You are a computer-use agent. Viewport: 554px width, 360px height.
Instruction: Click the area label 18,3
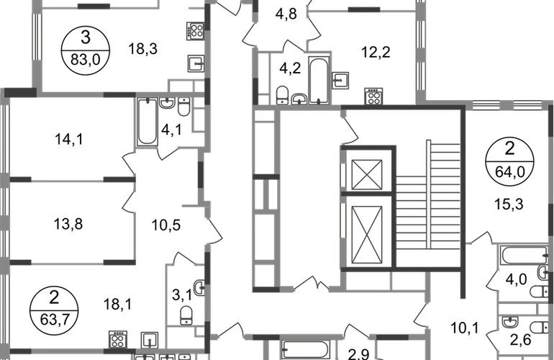pos(142,49)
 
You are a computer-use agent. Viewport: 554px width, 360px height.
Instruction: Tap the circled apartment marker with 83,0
pos(86,51)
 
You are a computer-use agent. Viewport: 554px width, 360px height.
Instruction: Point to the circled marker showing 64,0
pos(509,162)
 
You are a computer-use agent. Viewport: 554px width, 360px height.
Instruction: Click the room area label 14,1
pos(69,139)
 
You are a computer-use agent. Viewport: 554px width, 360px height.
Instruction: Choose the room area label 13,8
pos(68,224)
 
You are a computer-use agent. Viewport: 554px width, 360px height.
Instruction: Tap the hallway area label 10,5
pos(166,225)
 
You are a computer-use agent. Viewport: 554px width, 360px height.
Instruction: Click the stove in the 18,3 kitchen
pos(196,30)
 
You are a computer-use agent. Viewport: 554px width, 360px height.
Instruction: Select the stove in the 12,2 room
pos(373,96)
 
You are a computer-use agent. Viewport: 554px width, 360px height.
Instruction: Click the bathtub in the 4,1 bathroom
pos(147,122)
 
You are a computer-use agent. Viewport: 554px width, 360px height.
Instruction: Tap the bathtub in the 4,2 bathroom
pos(319,80)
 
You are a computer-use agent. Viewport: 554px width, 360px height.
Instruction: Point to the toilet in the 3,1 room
pos(186,315)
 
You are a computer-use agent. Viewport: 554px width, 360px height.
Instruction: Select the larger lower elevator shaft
pos(367,235)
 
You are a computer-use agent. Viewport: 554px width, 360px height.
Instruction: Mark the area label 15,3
pos(509,204)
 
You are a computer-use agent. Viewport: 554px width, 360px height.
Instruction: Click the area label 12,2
pos(376,53)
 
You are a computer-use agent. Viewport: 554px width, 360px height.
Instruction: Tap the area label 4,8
pos(286,14)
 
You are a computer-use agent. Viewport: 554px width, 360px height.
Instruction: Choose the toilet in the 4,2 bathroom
pos(283,95)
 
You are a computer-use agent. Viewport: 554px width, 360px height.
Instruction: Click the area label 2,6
pos(520,340)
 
